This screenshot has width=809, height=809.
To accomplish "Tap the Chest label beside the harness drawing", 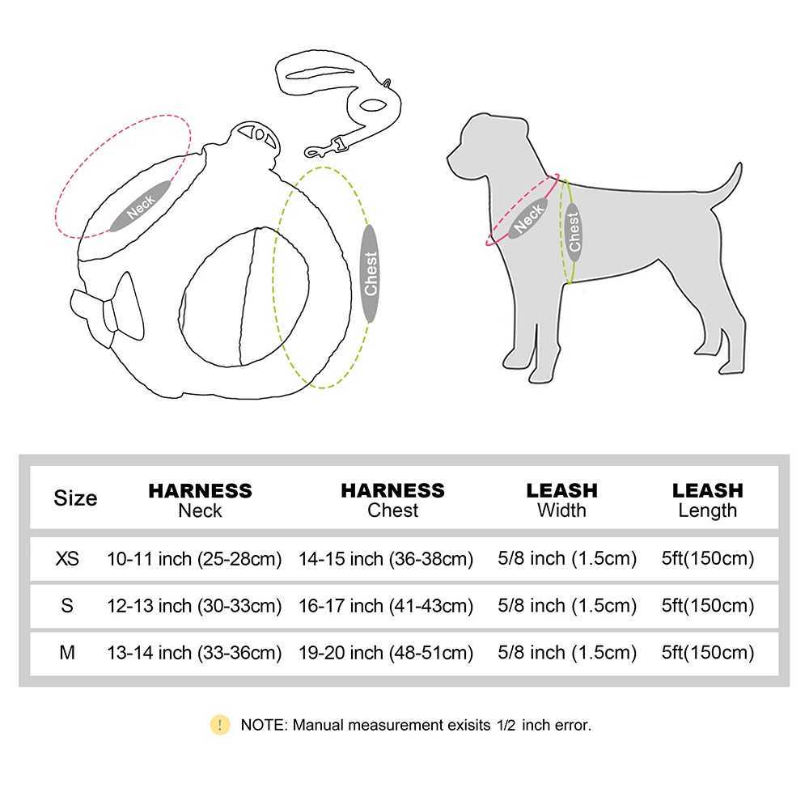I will tap(371, 273).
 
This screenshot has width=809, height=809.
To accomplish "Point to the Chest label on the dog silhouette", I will tap(574, 231).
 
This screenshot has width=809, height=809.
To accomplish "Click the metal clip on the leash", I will tap(324, 147).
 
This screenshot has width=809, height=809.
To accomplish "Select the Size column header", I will tap(75, 498).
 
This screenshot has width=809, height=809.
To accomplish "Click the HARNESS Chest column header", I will tap(392, 500).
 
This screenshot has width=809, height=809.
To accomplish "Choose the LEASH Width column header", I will tap(561, 500).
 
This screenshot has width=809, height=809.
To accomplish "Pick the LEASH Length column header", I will tap(707, 500).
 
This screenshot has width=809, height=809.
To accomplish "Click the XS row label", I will tap(68, 558).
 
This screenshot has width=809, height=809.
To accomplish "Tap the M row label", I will tap(68, 652).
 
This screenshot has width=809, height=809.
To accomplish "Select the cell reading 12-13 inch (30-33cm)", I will tap(194, 605).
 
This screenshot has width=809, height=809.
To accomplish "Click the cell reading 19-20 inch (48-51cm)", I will tap(386, 652).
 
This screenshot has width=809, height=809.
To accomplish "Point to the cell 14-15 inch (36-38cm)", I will tap(386, 558).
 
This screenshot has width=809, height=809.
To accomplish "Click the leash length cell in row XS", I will tap(708, 558).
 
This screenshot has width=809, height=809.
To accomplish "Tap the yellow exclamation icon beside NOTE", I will tap(219, 725).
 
